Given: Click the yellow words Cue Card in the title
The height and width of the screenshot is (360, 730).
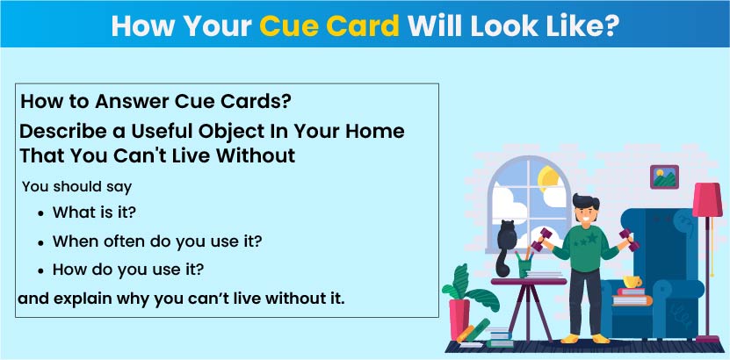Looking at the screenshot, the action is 329,27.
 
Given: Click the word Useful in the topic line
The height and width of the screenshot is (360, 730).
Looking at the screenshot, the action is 162,131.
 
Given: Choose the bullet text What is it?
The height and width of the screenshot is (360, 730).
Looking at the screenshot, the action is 94,212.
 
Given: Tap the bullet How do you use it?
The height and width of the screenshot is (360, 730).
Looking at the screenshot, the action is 128,270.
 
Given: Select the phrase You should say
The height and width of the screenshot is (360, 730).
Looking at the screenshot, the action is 77,187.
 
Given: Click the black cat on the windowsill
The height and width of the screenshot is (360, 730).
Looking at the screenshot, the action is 505,248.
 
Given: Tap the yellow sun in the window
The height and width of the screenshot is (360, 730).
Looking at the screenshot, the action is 548,179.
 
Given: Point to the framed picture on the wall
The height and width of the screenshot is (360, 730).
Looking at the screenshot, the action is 664,176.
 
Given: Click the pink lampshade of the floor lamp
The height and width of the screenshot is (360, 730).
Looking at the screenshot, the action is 707,199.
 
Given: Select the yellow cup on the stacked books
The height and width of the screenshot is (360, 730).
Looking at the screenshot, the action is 632,281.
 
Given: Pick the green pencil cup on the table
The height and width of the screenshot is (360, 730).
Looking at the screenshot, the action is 524,268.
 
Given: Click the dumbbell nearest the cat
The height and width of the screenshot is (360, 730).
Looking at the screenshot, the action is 541,240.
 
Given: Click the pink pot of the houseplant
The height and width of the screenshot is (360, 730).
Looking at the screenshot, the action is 459,319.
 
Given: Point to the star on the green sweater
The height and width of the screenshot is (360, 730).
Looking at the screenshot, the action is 592,239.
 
